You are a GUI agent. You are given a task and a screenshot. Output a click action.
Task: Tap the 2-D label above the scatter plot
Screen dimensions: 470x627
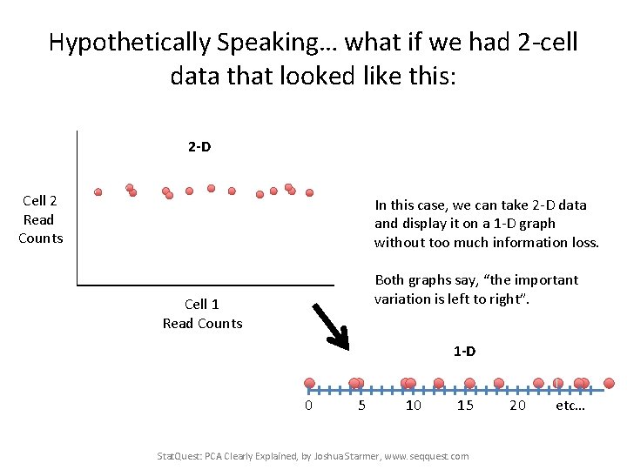199,146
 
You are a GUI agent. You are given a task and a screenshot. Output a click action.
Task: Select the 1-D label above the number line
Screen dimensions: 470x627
464,352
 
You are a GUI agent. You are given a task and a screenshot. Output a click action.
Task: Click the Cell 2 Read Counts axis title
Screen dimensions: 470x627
40,219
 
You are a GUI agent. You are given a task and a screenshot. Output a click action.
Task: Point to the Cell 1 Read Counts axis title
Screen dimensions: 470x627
202,313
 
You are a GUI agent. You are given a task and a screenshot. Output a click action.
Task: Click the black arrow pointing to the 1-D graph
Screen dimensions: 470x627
331,324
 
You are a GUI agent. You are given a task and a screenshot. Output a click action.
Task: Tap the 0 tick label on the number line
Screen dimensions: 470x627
308,406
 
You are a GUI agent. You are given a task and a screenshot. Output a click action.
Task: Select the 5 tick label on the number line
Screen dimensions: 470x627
361,406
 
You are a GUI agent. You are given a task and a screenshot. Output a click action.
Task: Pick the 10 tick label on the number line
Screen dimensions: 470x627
414,406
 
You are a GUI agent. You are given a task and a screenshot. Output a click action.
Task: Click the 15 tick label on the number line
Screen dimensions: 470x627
465,406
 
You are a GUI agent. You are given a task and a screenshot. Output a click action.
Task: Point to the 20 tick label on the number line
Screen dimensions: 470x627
517,406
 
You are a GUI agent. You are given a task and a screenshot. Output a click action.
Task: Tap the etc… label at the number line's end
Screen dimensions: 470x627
570,406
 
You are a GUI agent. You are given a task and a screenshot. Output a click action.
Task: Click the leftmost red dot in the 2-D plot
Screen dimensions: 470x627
98,191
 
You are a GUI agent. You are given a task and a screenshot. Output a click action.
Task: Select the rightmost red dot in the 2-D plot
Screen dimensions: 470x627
309,192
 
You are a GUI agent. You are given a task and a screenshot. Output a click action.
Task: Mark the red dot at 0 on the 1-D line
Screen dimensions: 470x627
309,383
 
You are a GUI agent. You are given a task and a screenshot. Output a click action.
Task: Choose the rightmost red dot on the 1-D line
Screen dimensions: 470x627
609,383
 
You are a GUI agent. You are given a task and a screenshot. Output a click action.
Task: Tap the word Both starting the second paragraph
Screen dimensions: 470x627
389,280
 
